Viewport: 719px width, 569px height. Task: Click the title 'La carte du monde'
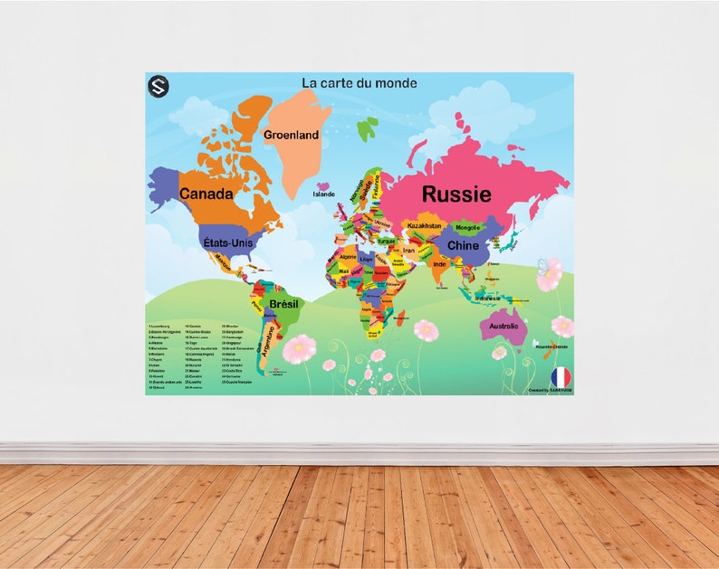[359, 83]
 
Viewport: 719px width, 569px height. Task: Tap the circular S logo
[158, 87]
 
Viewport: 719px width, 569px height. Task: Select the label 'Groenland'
[291, 135]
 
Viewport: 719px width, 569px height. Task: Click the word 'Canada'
[206, 194]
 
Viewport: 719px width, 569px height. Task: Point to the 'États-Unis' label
[227, 242]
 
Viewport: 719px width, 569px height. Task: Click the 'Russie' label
[456, 194]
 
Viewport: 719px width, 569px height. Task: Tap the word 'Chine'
[463, 245]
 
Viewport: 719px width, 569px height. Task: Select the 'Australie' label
[503, 326]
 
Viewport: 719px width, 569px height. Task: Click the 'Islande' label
[323, 194]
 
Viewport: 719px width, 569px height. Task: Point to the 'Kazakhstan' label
[424, 225]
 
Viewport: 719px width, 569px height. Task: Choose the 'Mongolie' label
[467, 227]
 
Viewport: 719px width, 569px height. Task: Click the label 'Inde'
[439, 264]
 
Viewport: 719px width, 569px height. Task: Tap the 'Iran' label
[408, 251]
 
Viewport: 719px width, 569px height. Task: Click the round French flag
[561, 375]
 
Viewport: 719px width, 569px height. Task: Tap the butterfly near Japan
[543, 268]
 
